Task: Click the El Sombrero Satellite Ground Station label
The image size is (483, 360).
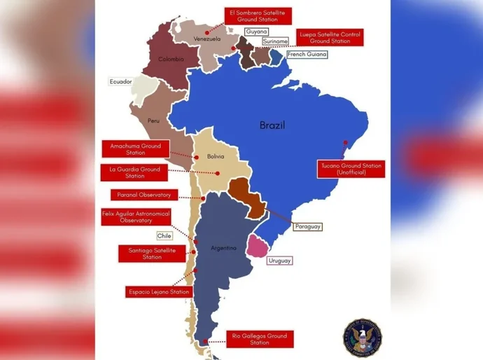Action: (x=259, y=15)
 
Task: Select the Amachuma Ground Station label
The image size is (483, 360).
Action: (x=136, y=149)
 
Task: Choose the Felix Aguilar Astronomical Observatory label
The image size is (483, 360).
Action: (x=136, y=216)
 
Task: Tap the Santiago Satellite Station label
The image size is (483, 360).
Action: (x=152, y=253)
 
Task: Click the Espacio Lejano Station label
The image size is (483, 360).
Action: (x=160, y=291)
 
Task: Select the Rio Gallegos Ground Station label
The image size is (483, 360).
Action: (x=259, y=339)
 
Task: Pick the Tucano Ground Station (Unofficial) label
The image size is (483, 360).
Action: (x=351, y=169)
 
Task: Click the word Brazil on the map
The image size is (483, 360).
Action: (x=272, y=125)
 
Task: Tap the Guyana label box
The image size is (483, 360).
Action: (x=257, y=32)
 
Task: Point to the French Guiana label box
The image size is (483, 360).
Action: (x=307, y=54)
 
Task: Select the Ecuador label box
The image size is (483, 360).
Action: (x=120, y=81)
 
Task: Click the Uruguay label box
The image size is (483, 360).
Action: (x=279, y=261)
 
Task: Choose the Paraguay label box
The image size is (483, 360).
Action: (x=307, y=227)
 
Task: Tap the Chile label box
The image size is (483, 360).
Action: (x=164, y=236)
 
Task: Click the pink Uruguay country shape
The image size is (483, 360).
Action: (x=259, y=247)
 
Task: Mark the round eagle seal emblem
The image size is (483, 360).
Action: (x=361, y=335)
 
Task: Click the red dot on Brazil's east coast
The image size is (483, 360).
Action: (x=344, y=143)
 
